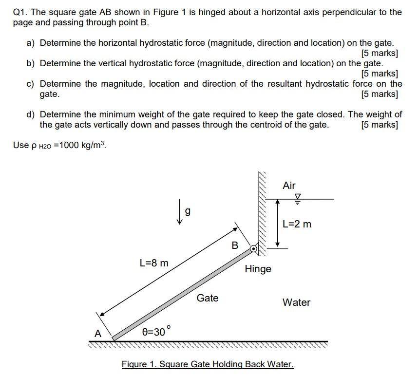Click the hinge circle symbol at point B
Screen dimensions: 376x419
[x=253, y=248]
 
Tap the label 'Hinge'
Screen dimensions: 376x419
[x=258, y=269]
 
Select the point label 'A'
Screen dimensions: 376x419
[x=98, y=334]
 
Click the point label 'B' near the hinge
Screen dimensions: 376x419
[x=235, y=245]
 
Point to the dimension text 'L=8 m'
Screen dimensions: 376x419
[x=153, y=263]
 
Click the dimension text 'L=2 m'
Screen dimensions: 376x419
[x=297, y=224]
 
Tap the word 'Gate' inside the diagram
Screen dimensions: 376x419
[x=208, y=298]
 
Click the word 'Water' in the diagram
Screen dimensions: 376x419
[x=296, y=302]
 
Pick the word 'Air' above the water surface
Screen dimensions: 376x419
[x=289, y=186]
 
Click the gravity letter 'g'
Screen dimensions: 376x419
[x=188, y=211]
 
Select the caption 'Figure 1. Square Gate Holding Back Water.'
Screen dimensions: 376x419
[x=208, y=364]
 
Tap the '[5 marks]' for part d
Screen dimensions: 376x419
[x=380, y=125]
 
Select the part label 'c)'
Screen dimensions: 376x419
[x=31, y=84]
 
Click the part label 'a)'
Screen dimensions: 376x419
[x=31, y=43]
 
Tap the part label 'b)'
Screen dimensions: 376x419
[x=31, y=63]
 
